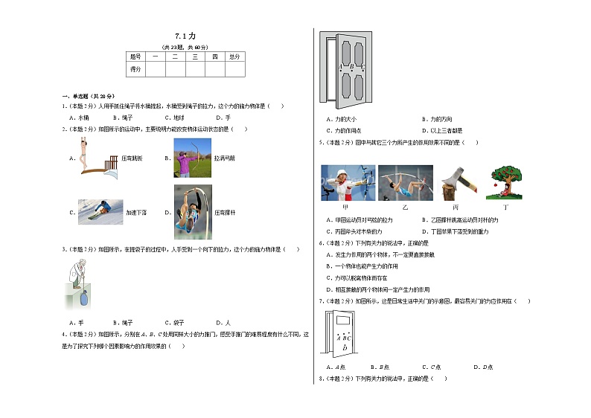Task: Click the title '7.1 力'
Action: (185, 36)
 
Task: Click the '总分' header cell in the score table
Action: (234, 57)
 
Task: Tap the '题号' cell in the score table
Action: (135, 57)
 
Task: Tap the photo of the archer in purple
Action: (188, 158)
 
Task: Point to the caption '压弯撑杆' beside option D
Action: (226, 213)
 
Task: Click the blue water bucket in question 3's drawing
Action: (83, 298)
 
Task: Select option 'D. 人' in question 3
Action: (223, 323)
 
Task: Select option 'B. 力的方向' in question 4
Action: (436, 119)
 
